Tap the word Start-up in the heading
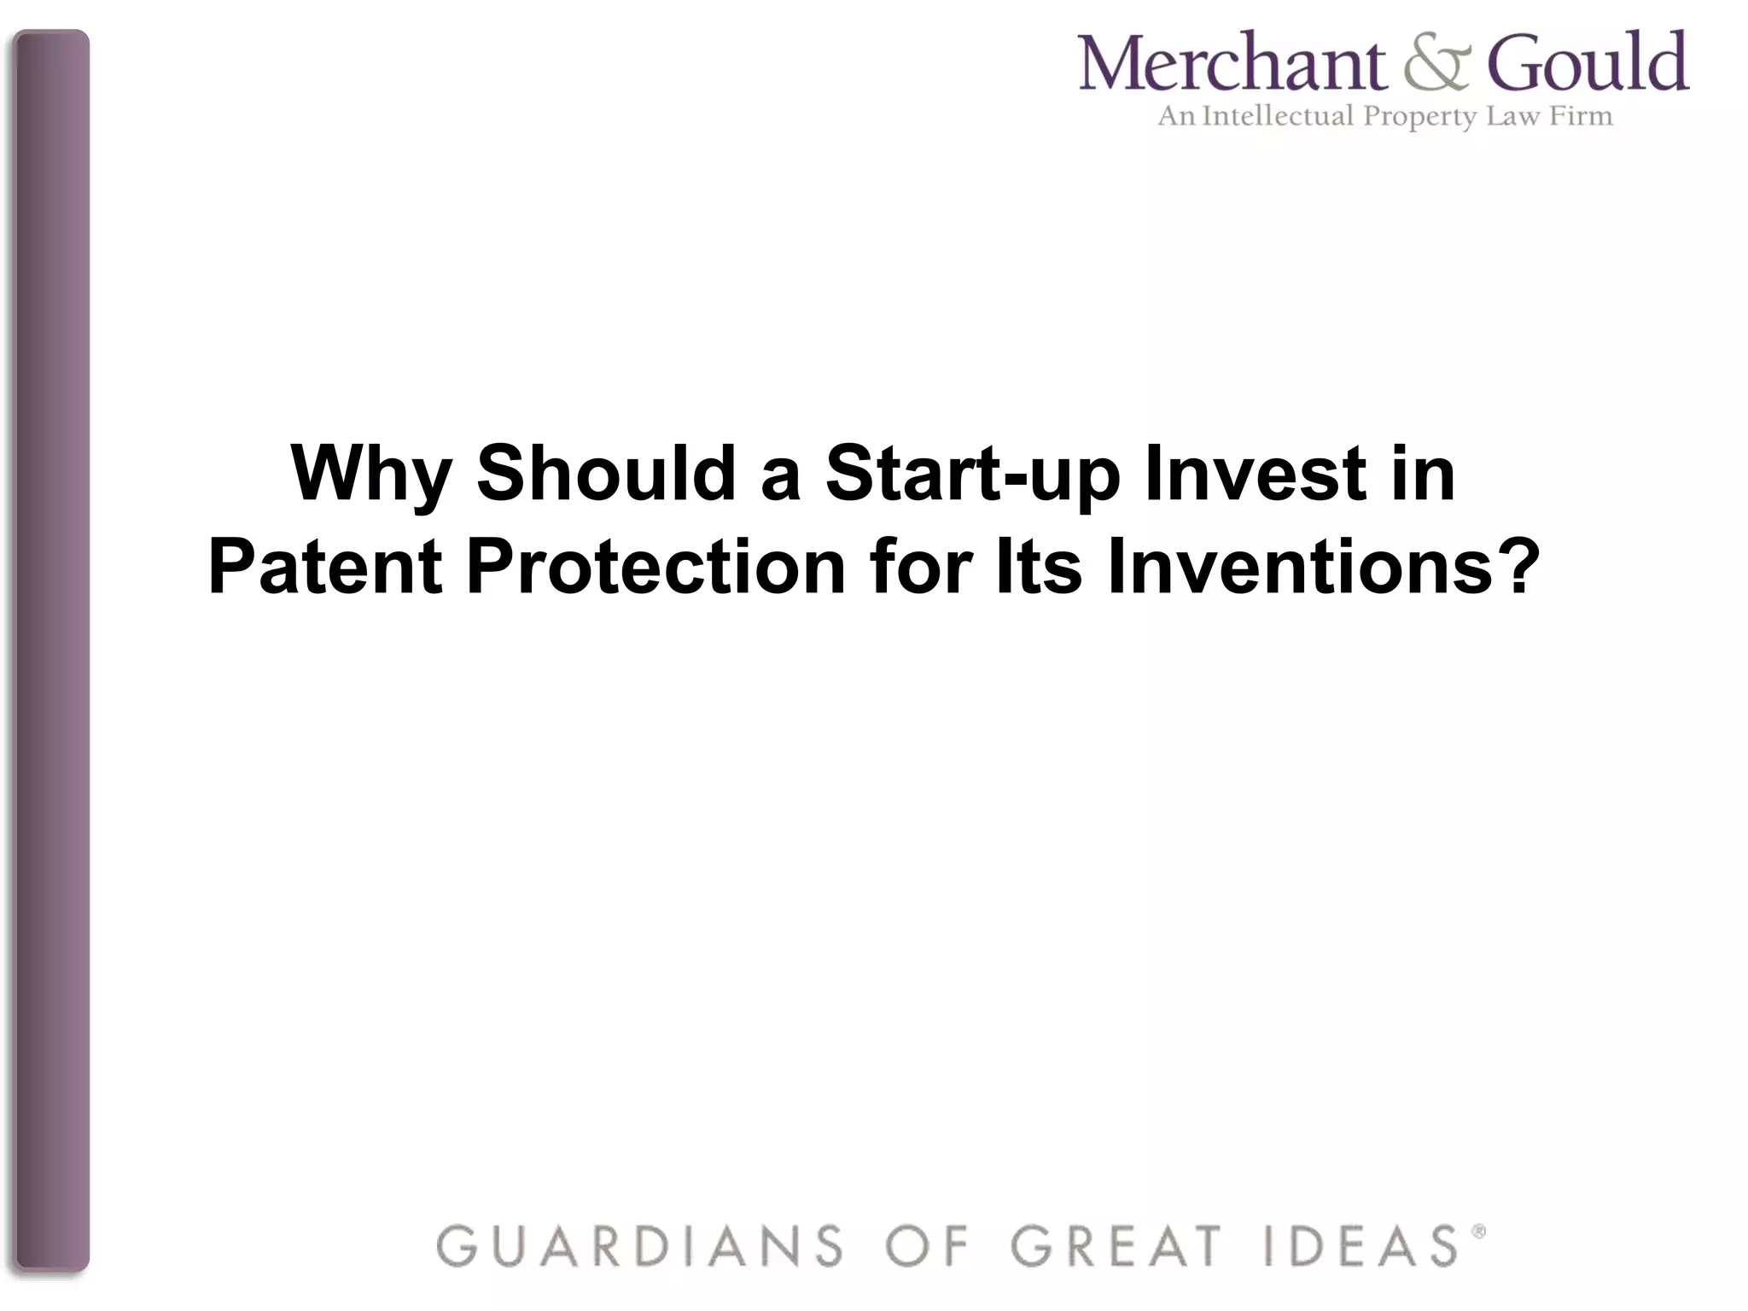pos(972,475)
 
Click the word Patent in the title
pos(325,567)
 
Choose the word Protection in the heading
pos(655,567)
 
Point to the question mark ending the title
pos(1520,567)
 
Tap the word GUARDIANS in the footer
pos(640,1245)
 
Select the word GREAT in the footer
pos(1116,1245)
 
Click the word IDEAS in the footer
pos(1361,1245)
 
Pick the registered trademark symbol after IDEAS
pos(1479,1231)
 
